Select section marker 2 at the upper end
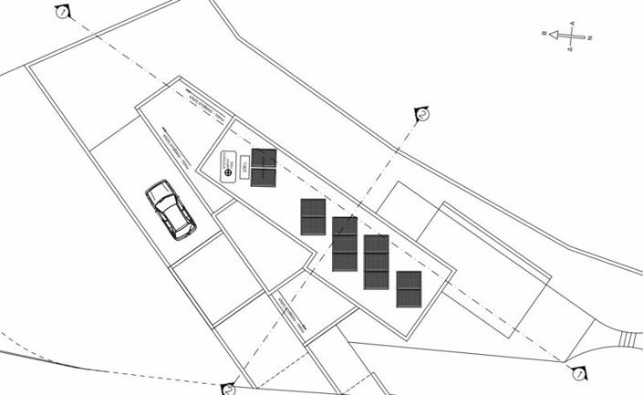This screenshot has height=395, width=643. (x=422, y=113)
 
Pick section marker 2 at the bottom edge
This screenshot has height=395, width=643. (x=230, y=390)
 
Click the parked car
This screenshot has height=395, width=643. (x=171, y=209)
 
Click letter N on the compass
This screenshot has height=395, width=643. (x=590, y=38)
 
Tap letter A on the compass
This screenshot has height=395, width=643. (x=571, y=22)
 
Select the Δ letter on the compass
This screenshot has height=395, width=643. (x=571, y=51)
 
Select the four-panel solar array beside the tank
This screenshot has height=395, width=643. (x=264, y=168)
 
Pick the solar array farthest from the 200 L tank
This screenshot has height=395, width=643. (x=409, y=289)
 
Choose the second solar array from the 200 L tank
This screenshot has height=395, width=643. (x=313, y=216)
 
